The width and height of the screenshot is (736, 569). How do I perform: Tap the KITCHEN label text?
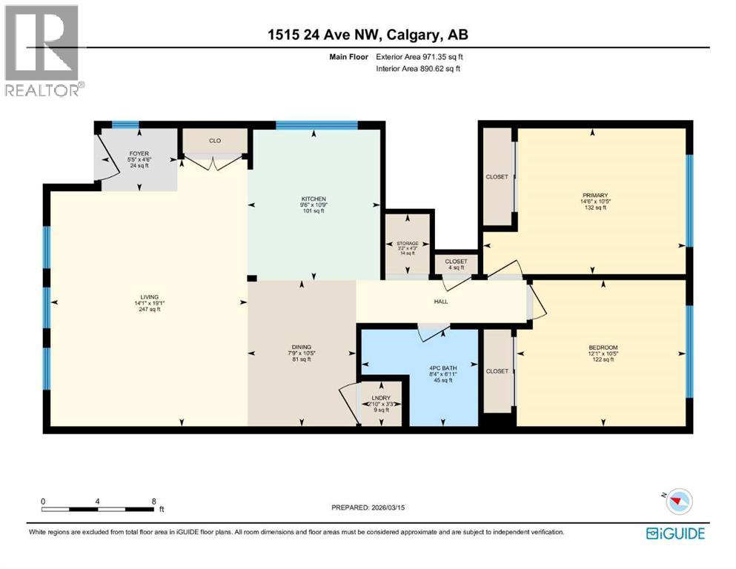(314, 199)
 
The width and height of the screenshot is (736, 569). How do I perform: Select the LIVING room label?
(146, 296)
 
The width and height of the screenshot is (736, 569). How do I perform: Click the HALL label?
(441, 301)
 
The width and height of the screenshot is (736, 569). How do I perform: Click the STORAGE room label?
(408, 243)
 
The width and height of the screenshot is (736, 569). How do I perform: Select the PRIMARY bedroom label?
(594, 195)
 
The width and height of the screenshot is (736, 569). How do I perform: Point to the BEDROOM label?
(603, 347)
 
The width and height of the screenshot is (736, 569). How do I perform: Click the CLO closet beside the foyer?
(214, 140)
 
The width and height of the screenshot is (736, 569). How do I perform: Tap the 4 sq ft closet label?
(455, 267)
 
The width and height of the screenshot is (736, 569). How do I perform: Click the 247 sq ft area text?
(146, 310)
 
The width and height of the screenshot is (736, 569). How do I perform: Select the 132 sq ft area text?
(594, 208)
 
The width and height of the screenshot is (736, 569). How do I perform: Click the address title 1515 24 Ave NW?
(368, 35)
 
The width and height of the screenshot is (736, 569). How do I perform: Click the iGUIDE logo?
(675, 533)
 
